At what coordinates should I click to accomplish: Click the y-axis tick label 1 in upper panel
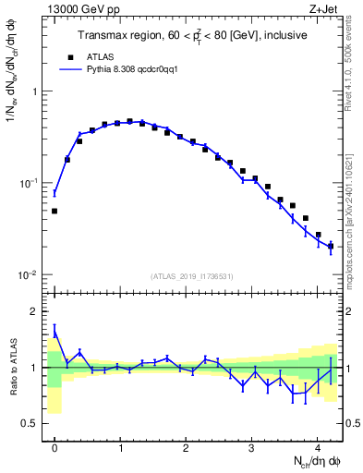pyautogui.click(x=36, y=91)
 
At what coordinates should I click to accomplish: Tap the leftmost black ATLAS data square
pyautogui.click(x=54, y=211)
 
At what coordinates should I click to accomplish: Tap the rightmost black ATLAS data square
pyautogui.click(x=331, y=246)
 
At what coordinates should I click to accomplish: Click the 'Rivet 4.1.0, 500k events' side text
pyautogui.click(x=355, y=65)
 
